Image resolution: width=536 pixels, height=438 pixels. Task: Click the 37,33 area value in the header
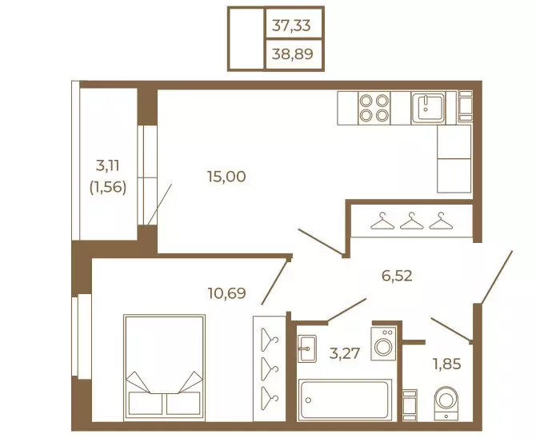pos(291,26)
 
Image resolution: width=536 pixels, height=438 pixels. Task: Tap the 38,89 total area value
pos(292,54)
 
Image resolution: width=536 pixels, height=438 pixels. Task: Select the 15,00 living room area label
pos(226,177)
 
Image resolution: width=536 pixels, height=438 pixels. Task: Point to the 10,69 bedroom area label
pos(226,293)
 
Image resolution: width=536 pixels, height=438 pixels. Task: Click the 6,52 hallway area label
pos(397,276)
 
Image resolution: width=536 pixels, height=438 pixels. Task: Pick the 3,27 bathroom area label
pos(345,353)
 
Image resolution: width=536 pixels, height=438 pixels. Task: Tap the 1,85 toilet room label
pos(447,364)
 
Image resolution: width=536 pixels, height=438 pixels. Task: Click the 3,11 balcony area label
pos(108,166)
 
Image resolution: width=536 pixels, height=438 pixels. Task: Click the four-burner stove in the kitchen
pos(374,108)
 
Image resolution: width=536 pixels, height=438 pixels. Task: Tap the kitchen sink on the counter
pos(428,108)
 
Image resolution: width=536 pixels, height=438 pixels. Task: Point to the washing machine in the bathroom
pos(383,344)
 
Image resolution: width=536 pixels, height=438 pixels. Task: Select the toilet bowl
pos(446,403)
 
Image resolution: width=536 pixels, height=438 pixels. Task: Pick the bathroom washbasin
pos(307,348)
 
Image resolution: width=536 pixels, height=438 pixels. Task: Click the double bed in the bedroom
pos(165,367)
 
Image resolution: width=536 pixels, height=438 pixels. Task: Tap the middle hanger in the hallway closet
pos(411,221)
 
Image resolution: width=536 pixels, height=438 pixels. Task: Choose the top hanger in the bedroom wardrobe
pos(270,340)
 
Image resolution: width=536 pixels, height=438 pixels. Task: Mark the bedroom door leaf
pos(274,281)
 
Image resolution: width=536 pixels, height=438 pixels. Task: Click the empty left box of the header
pos(246,39)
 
